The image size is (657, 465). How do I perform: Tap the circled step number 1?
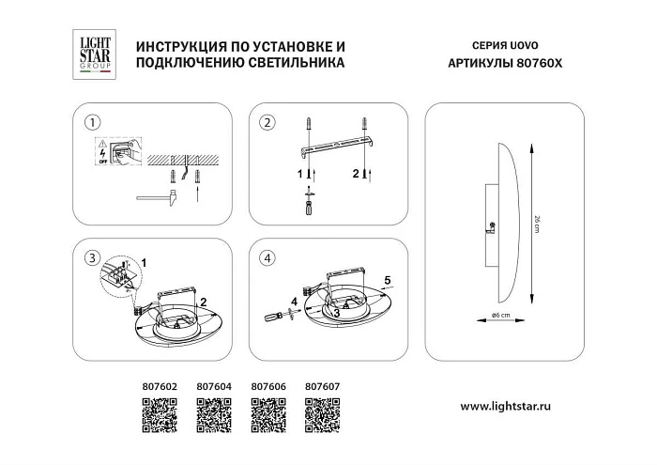[91, 123]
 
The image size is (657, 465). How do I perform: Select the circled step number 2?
[267, 123]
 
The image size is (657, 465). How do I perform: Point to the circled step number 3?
[91, 258]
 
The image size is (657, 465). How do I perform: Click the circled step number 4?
[267, 258]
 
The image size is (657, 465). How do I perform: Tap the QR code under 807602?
[158, 412]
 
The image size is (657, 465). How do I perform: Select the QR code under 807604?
[212, 412]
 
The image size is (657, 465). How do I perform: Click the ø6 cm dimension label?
[499, 315]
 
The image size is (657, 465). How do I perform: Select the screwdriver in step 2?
[307, 205]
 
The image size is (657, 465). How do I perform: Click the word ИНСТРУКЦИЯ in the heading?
[179, 46]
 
